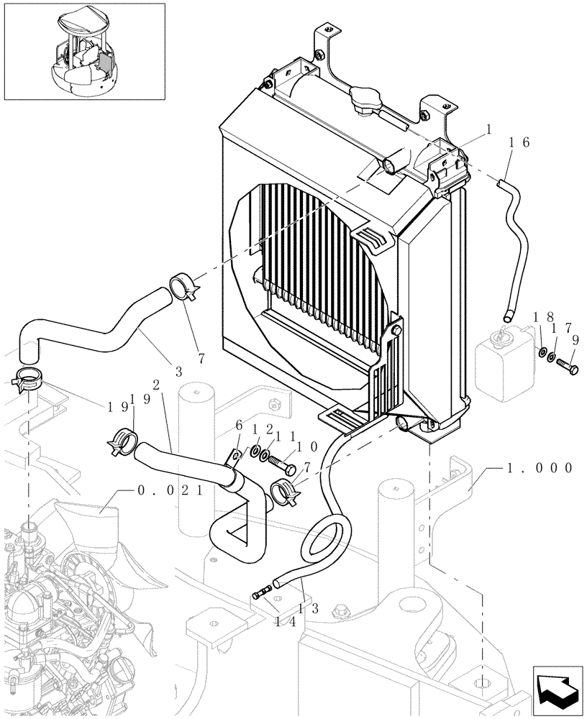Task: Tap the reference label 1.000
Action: [537, 467]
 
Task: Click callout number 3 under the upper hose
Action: [178, 372]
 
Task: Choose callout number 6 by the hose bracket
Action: [238, 427]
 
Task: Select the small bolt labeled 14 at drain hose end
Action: [263, 592]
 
